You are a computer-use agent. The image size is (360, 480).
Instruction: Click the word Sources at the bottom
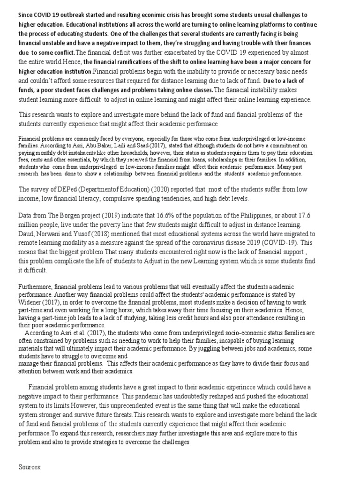pos(30,467)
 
